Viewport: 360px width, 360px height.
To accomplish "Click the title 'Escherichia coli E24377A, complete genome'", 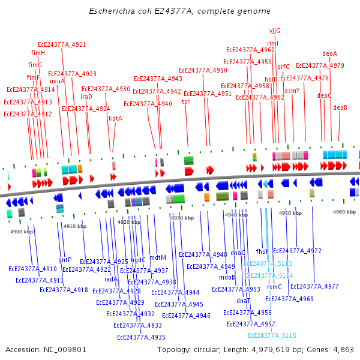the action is tap(179, 11).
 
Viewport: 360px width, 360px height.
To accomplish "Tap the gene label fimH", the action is tap(38, 53).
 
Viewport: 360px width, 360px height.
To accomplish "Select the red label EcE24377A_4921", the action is tap(62, 44).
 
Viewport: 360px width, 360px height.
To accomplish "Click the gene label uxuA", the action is tap(57, 81).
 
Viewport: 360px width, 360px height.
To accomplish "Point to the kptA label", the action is tap(115, 118).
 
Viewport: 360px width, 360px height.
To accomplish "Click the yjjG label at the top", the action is tap(274, 31).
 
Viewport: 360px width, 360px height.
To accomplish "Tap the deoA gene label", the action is tap(329, 53).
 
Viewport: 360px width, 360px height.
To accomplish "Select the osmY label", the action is tap(292, 91).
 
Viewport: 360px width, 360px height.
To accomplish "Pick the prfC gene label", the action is tap(283, 67).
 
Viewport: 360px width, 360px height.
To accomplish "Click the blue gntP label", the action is tap(65, 260).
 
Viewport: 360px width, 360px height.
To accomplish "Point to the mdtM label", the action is tap(157, 257).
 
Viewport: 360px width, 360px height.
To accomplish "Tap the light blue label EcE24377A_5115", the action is tap(272, 335).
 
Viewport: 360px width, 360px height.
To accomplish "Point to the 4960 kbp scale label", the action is tap(344, 212).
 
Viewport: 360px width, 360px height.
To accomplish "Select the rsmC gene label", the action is tap(274, 287).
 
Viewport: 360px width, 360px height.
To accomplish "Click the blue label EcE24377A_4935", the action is tap(141, 337).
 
